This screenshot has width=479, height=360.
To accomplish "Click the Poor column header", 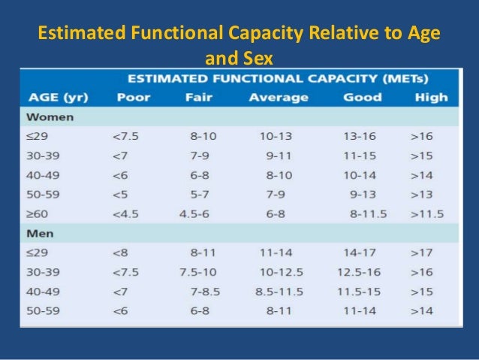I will click(132, 97).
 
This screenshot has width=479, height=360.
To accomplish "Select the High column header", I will click(429, 97).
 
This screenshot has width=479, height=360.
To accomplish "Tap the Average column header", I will click(279, 97).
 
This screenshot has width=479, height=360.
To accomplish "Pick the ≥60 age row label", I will click(38, 213).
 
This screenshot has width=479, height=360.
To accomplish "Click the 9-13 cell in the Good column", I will click(363, 194).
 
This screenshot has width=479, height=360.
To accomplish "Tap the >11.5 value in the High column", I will click(426, 213).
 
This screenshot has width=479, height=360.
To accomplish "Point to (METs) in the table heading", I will click(412, 78).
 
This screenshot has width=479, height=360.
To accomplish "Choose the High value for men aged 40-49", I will click(423, 291).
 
